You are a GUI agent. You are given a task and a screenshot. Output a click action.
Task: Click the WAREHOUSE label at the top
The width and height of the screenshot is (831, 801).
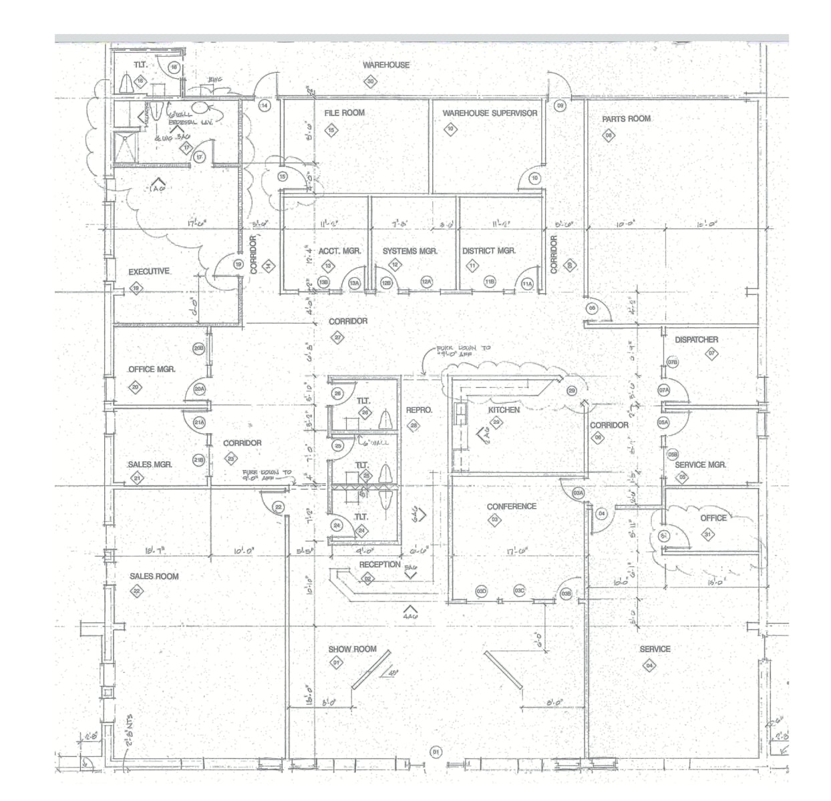coord(386,65)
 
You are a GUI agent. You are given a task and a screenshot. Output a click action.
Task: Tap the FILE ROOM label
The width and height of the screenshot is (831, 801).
coord(345,113)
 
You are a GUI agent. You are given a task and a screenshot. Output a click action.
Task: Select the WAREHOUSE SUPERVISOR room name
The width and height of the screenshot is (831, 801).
coord(490,113)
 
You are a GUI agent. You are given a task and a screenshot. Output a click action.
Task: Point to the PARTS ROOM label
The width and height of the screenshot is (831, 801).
coord(626,119)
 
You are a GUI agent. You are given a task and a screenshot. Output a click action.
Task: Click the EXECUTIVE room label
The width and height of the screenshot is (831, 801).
coord(149,272)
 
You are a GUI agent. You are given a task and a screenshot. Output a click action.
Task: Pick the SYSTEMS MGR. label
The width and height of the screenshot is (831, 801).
coord(409,251)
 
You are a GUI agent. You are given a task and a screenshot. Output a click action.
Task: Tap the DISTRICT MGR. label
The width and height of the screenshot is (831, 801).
coord(489,251)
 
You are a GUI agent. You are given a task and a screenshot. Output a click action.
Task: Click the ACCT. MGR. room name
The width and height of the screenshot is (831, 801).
coord(339,251)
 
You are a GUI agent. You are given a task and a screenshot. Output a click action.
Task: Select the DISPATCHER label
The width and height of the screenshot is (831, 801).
coord(696,340)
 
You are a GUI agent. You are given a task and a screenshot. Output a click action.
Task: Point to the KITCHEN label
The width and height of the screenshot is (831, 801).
coord(504,410)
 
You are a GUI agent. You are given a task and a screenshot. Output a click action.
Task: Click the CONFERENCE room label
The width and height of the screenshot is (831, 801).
coord(511,507)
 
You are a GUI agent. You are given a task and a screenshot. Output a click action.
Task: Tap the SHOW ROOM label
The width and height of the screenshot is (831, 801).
coord(352,649)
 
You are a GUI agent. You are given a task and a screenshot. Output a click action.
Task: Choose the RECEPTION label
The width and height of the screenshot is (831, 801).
coord(379,565)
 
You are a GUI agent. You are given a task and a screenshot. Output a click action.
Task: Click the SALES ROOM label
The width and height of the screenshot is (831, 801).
coord(154,576)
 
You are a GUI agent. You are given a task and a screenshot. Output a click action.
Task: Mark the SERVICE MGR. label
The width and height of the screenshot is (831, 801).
coord(700,465)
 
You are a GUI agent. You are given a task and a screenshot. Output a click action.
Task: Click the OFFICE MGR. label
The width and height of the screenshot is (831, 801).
coord(152,369)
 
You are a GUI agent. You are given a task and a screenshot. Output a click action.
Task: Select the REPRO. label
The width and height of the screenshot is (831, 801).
coord(419,410)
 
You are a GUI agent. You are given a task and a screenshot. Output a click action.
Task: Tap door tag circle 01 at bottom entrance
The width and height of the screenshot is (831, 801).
coord(436,752)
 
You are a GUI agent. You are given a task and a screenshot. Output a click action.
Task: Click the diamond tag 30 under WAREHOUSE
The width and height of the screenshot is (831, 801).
coord(371,82)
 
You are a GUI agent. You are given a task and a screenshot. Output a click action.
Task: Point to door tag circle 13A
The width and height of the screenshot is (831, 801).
coord(355,283)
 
